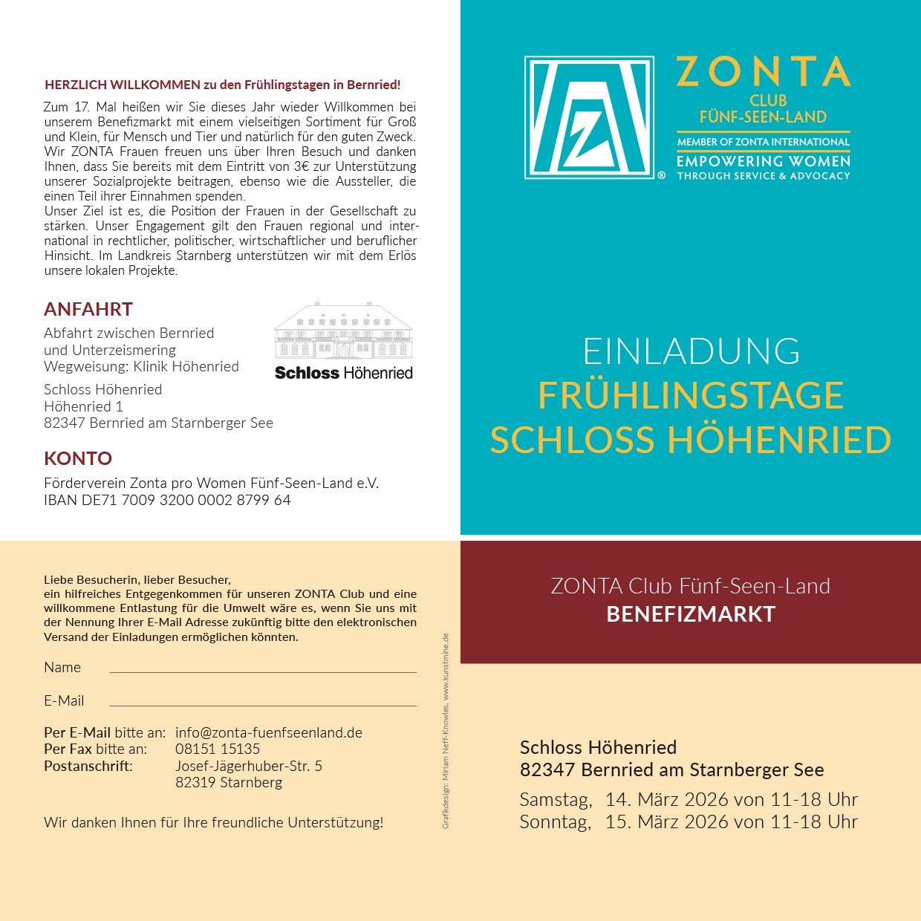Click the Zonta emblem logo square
coord(589,117)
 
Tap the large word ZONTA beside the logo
coord(763,72)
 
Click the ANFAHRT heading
coord(88,309)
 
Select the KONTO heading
coord(78,458)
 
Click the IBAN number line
coord(167,500)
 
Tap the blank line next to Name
coord(263,671)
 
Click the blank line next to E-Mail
coord(263,704)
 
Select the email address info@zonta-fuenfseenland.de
coord(269,732)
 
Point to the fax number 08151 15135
coord(218,749)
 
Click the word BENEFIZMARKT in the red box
coord(691,614)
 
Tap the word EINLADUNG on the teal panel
coord(691,351)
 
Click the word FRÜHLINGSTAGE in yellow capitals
coord(691,395)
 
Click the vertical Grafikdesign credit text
coord(446,731)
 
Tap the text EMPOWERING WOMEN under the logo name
coord(763,161)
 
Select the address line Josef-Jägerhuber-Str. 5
coord(249,766)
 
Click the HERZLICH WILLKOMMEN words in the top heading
coord(123,85)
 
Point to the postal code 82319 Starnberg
coord(229,782)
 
